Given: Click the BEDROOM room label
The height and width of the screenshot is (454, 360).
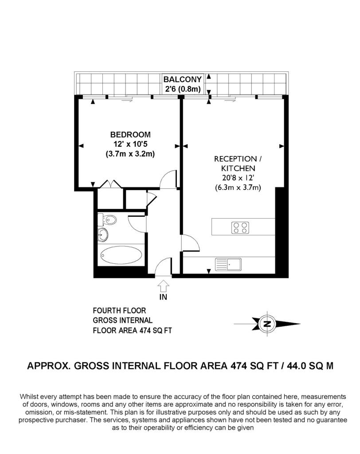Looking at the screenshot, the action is [x=130, y=135].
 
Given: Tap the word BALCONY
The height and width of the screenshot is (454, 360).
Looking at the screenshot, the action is [x=183, y=79].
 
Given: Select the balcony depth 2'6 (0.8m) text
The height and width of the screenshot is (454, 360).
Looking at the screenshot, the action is [x=183, y=89].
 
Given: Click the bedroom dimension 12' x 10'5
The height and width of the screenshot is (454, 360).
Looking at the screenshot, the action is [x=130, y=144].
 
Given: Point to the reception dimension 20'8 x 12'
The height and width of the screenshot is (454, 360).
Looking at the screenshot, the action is [x=238, y=178].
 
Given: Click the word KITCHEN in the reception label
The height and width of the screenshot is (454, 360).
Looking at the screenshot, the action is [x=238, y=168].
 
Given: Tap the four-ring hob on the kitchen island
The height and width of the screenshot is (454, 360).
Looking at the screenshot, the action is [x=240, y=227].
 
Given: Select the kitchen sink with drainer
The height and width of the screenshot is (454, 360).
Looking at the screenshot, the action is [x=228, y=264].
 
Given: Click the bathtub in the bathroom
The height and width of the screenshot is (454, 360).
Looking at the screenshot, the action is [x=121, y=255].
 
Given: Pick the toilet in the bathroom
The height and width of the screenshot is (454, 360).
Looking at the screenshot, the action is [x=107, y=220].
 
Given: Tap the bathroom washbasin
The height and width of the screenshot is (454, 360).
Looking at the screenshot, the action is [x=103, y=234].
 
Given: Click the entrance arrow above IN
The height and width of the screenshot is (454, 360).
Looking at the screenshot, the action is [x=163, y=286].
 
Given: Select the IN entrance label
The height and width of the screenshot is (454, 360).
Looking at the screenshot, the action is [x=163, y=297].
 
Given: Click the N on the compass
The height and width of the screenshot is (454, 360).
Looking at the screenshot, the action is [x=267, y=324].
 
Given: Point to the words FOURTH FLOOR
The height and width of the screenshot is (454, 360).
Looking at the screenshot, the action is [x=119, y=311].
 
